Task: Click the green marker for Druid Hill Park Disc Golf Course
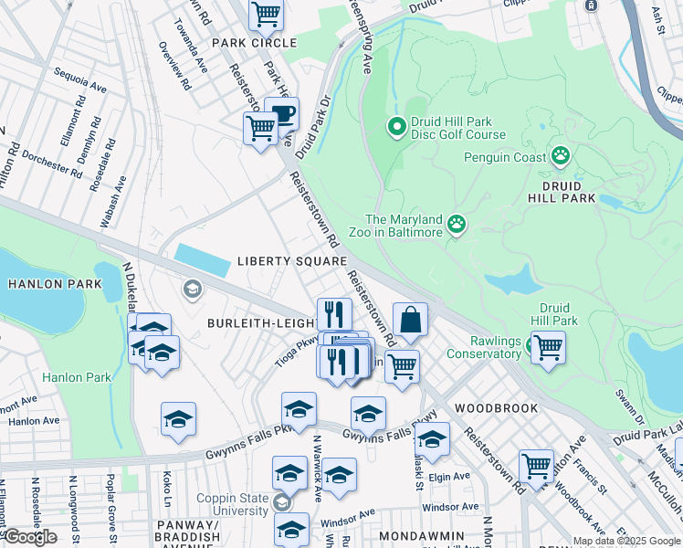[x=396, y=126]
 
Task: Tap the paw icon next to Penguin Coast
[x=561, y=156]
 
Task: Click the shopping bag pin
[x=411, y=321]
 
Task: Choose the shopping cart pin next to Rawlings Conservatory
[x=548, y=347]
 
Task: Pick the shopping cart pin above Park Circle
[x=266, y=14]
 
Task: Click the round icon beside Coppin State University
[x=282, y=501]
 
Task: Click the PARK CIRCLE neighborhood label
[x=254, y=43]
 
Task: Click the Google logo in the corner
[x=30, y=537]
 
